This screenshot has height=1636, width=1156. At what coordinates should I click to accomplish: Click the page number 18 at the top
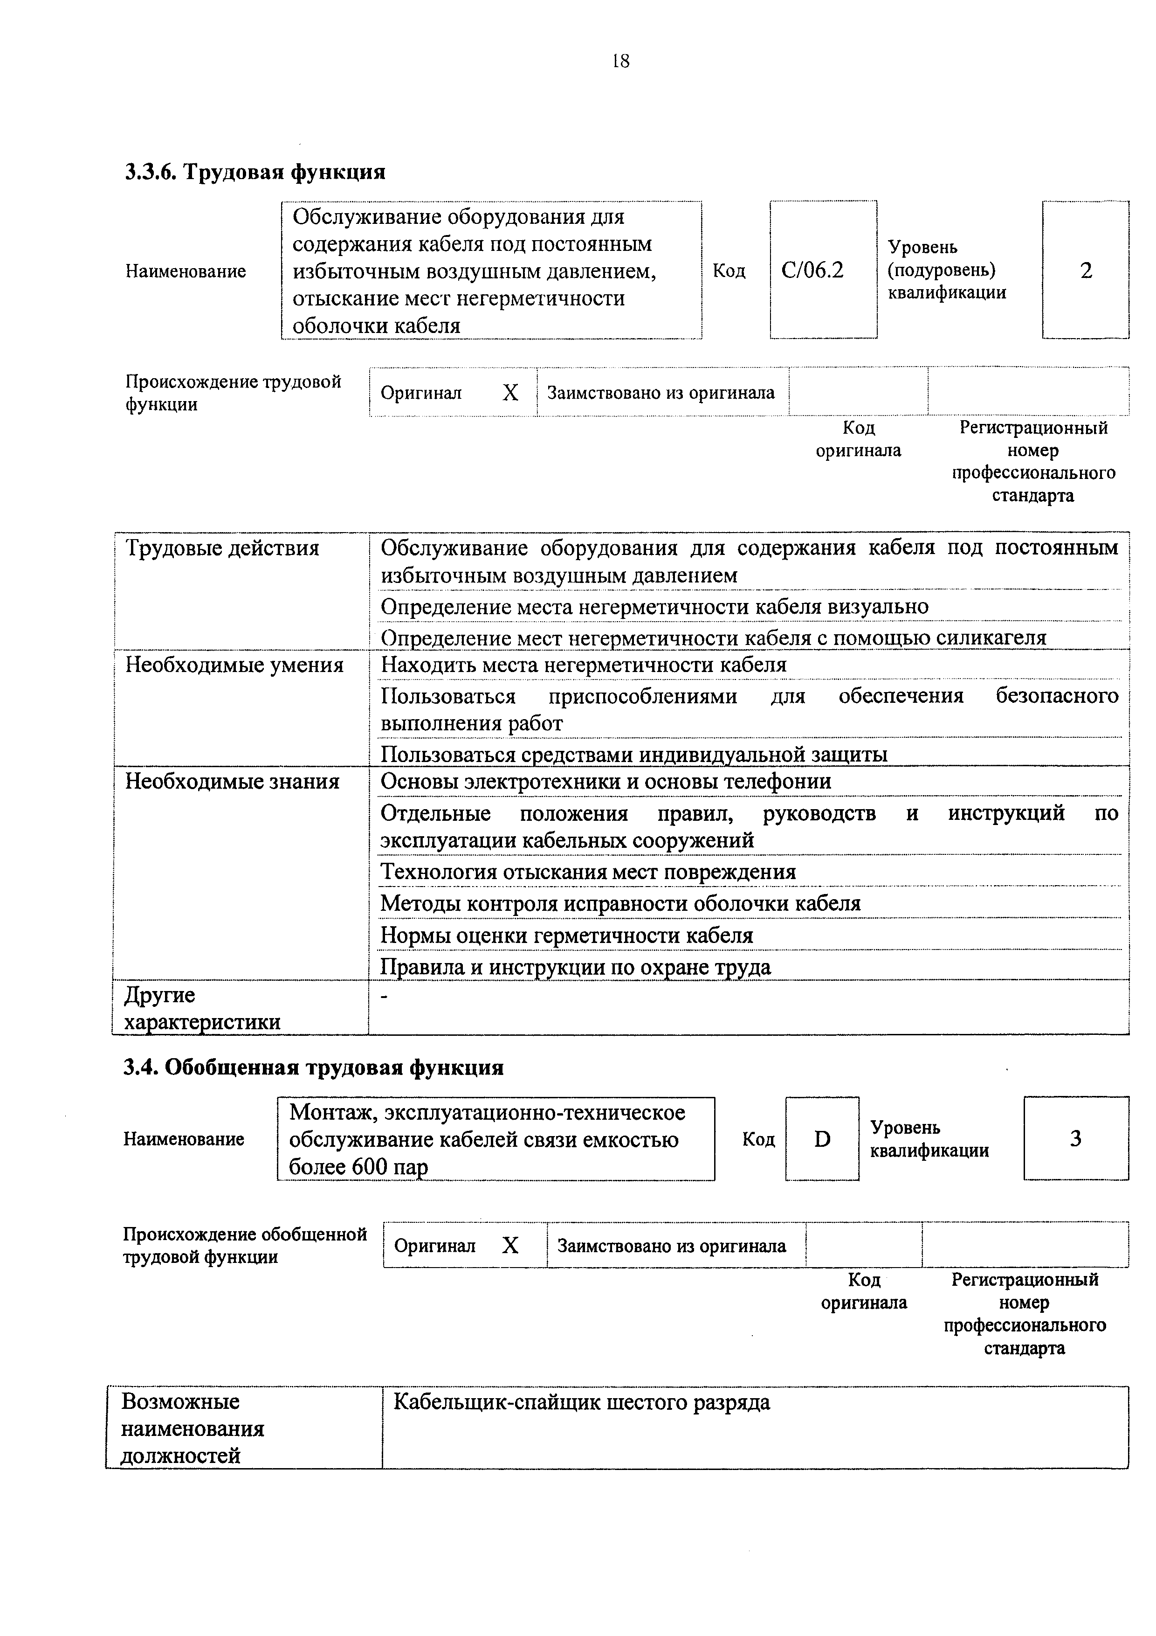(620, 61)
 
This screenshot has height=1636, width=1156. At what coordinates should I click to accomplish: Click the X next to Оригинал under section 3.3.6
(510, 393)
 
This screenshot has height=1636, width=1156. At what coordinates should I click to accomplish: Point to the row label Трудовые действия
(222, 548)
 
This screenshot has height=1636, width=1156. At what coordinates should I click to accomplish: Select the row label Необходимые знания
(232, 782)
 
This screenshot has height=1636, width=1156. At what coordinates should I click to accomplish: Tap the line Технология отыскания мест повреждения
(588, 872)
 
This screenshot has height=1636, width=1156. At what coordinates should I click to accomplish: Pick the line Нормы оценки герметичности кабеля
(566, 935)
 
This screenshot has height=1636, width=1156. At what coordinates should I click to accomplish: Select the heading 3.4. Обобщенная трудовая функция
(313, 1068)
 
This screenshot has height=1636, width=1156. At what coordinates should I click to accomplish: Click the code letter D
(822, 1139)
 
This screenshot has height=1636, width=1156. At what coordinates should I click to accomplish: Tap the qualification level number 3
(1075, 1139)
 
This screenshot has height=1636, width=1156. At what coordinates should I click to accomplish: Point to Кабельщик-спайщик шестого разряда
(581, 1402)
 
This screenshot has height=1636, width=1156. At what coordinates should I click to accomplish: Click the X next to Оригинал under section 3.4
(510, 1246)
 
